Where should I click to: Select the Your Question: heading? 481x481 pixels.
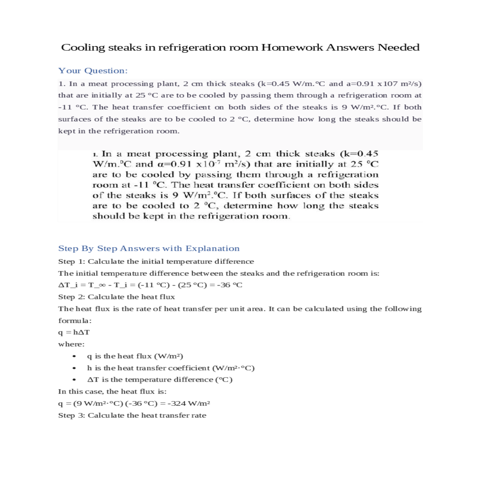click(93, 71)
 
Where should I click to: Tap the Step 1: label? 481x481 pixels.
click(72, 261)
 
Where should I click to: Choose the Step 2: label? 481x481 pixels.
click(72, 297)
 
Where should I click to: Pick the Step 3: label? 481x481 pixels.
click(72, 415)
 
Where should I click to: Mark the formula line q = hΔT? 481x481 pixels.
click(74, 332)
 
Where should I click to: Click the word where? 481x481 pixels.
click(71, 344)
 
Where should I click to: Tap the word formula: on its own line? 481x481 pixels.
click(75, 321)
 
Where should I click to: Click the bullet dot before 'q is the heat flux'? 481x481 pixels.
click(74, 356)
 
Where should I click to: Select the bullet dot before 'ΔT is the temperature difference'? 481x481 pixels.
click(74, 380)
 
